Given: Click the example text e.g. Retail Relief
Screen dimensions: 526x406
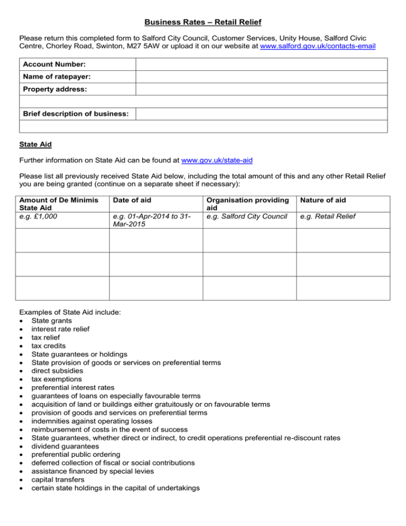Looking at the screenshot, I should pos(326,216).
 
